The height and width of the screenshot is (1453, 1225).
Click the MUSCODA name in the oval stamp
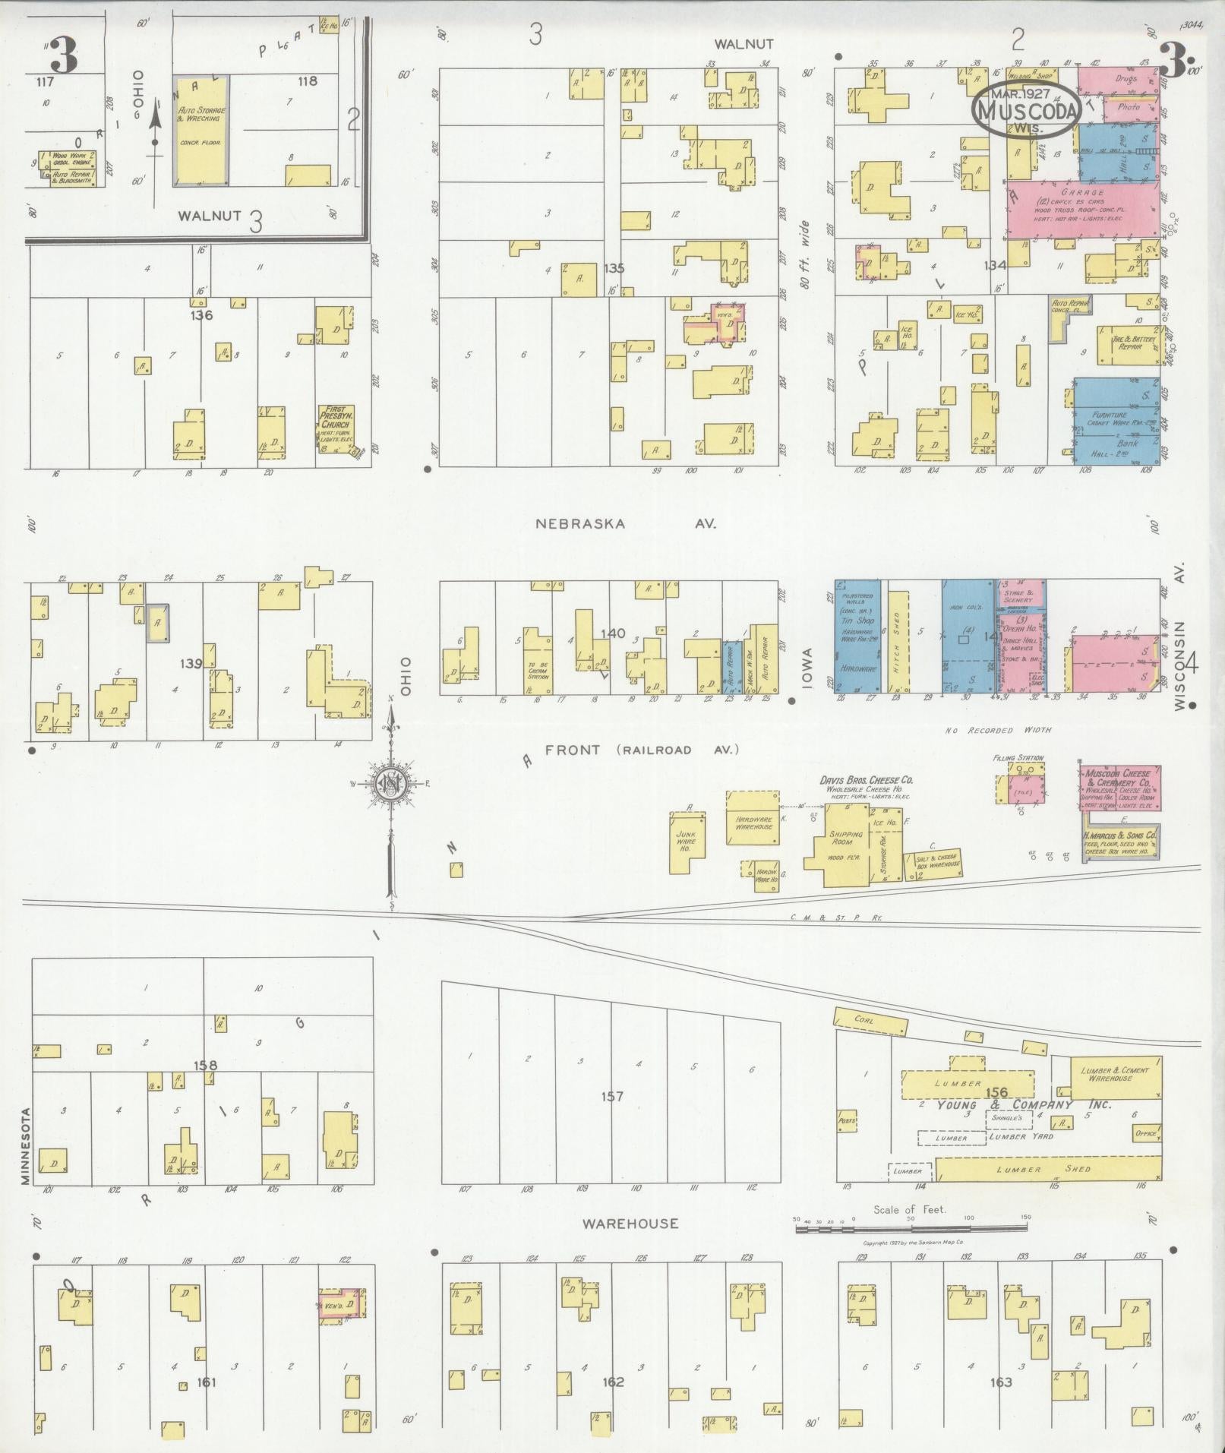click(x=1028, y=112)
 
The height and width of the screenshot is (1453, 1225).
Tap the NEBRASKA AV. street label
click(x=626, y=523)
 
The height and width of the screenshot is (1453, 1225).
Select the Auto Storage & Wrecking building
click(x=200, y=130)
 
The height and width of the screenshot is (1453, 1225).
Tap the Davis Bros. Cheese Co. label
click(x=866, y=780)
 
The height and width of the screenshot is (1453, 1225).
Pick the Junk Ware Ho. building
click(x=686, y=841)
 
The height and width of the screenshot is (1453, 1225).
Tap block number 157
click(x=611, y=1096)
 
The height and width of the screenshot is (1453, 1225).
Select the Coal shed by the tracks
click(x=870, y=1021)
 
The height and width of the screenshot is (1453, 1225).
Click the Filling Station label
click(x=1018, y=758)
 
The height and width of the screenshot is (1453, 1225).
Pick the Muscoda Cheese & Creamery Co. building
click(x=1119, y=788)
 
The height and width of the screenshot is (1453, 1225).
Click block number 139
click(x=191, y=663)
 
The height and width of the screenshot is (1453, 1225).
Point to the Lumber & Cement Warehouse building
click(x=1115, y=1075)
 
